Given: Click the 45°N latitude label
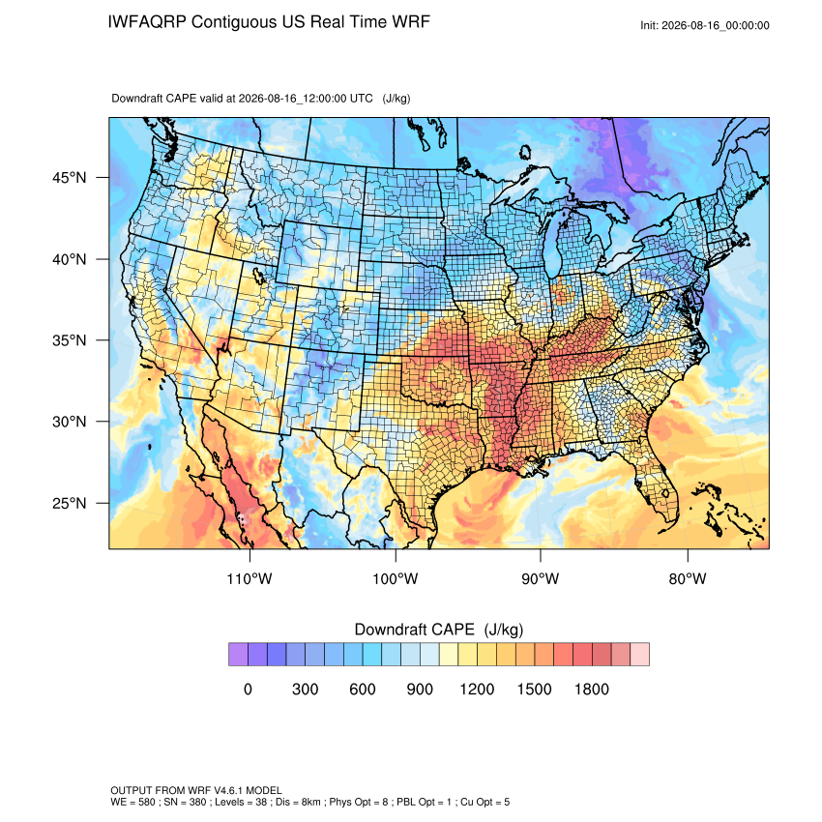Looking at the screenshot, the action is (70, 178).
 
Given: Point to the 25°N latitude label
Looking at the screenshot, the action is (70, 503).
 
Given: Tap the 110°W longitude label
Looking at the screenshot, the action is (250, 578).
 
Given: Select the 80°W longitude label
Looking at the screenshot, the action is (688, 578).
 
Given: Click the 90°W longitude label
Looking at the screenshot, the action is (540, 578).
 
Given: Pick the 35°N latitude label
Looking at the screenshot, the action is (70, 340).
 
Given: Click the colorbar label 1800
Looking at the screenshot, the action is (591, 689).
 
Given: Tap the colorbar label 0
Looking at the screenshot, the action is (248, 689).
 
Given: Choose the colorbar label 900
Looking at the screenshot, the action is (420, 689).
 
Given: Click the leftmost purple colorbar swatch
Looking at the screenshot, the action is (238, 655).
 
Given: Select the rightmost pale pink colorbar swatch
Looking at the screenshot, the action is (639, 655).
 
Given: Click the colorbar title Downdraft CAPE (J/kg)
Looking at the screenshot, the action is (439, 630).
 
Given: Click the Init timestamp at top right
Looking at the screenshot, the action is (705, 25).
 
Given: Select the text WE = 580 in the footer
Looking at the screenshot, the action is (132, 802).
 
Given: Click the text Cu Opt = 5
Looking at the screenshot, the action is (484, 802).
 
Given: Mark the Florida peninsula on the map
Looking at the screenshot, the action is (658, 484).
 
